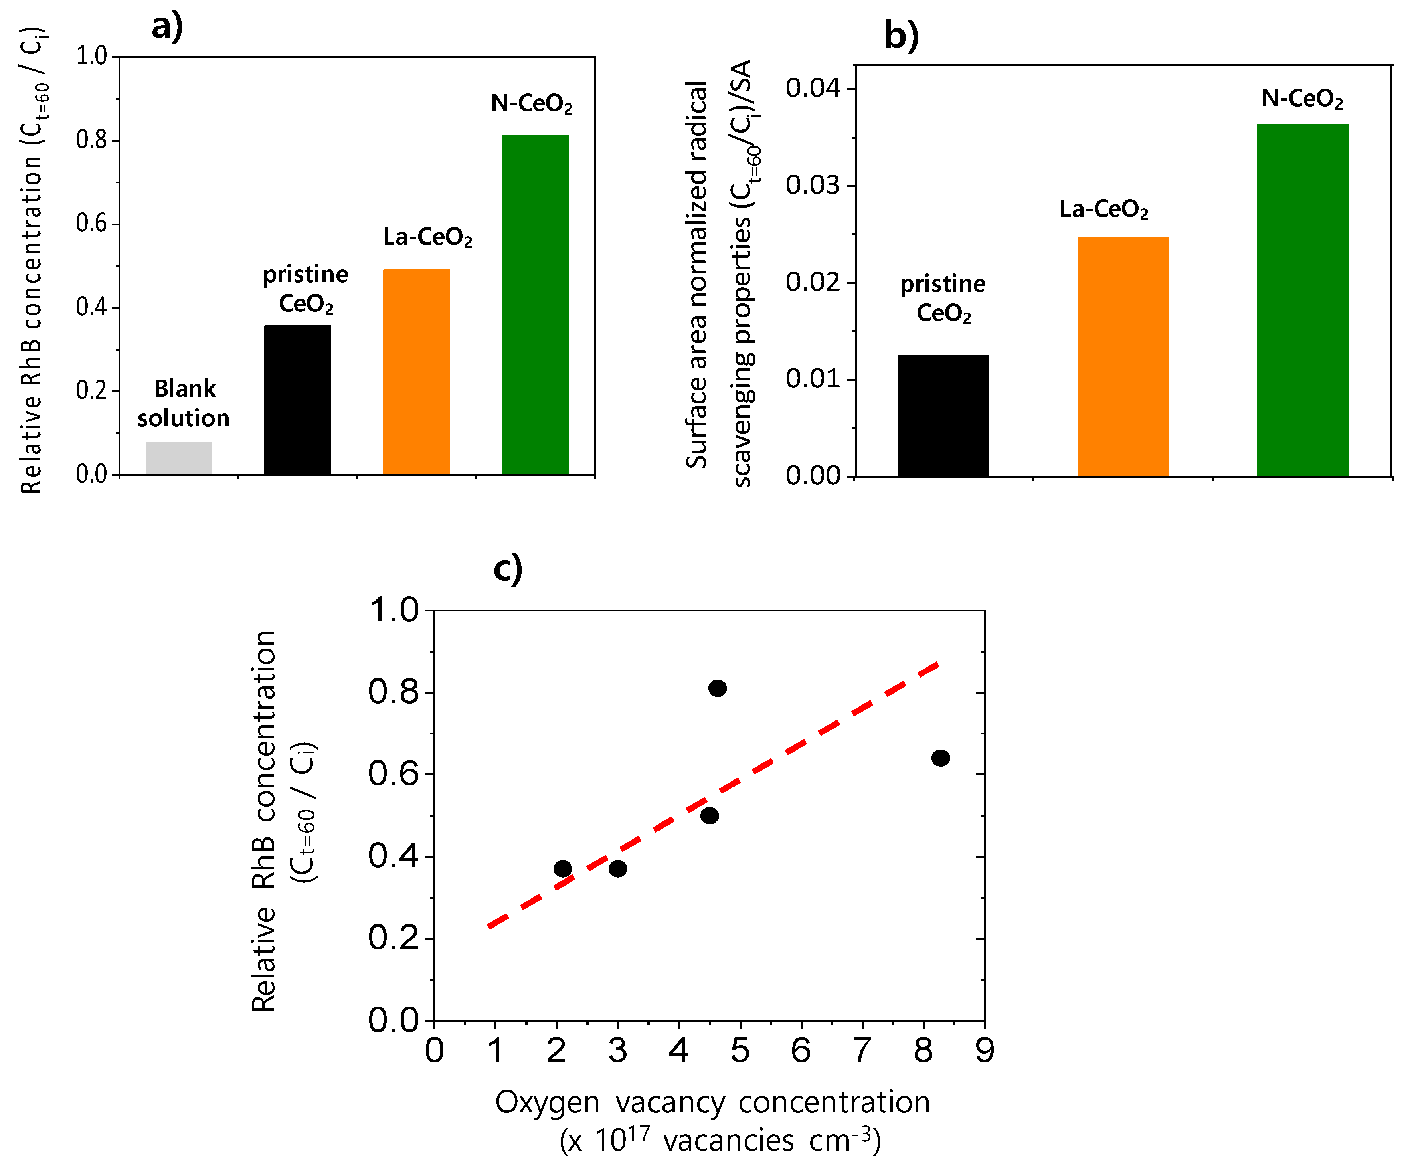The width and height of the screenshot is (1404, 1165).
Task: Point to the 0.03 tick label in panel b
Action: (x=812, y=185)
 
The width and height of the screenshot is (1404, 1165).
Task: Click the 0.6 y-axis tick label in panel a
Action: (x=92, y=224)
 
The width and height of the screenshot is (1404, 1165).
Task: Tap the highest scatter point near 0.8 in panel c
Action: (x=718, y=688)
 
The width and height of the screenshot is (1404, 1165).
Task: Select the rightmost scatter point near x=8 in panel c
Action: (x=940, y=758)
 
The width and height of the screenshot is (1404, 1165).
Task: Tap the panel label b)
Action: (x=901, y=35)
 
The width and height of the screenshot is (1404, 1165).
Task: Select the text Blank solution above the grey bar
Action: (x=184, y=403)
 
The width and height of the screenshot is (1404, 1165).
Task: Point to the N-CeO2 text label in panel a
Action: (x=532, y=104)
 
